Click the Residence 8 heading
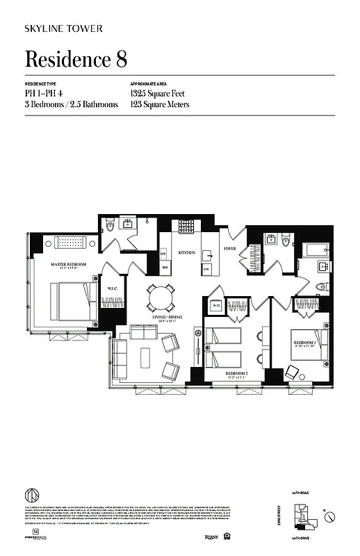(76, 59)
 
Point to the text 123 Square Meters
(160, 104)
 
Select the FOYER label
(229, 248)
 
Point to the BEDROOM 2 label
(238, 373)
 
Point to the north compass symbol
(332, 516)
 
